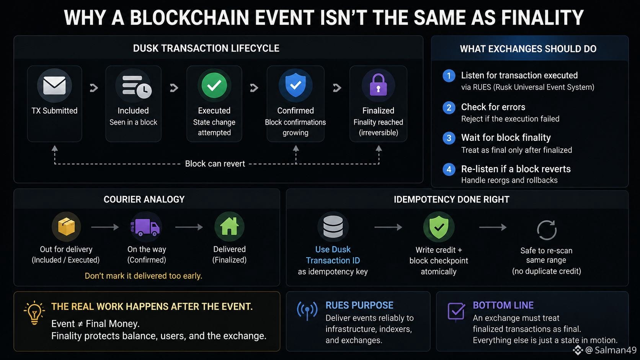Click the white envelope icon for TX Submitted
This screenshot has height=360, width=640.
click(54, 85)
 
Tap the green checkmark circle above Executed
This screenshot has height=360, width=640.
click(214, 85)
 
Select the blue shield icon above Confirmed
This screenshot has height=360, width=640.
click(296, 85)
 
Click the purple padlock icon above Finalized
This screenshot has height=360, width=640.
click(378, 85)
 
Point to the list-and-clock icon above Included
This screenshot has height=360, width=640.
click(137, 87)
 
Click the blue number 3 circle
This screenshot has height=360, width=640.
click(449, 138)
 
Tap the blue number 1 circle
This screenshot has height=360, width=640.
click(449, 76)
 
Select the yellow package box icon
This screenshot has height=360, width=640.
click(66, 227)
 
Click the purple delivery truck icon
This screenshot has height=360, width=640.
click(145, 227)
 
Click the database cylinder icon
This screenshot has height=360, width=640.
click(333, 227)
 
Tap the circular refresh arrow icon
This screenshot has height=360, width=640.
click(547, 230)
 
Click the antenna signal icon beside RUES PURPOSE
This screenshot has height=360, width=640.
click(307, 311)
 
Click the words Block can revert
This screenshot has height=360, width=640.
click(215, 164)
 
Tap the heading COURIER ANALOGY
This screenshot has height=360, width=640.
click(144, 199)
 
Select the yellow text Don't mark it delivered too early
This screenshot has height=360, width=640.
click(144, 276)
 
